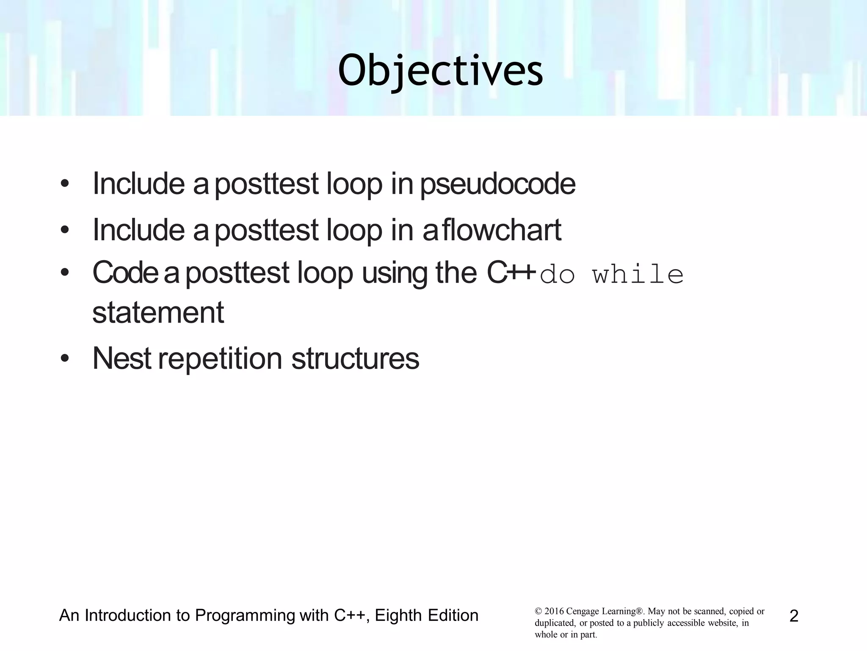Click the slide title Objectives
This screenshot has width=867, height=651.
440,71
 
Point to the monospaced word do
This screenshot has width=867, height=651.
558,275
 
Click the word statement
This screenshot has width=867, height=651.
158,313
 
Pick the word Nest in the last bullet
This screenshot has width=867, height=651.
121,359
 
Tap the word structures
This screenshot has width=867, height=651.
355,359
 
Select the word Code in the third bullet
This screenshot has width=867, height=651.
125,273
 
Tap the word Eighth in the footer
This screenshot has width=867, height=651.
397,615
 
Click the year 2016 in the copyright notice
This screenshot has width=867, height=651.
554,611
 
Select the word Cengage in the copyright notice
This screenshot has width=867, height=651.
582,612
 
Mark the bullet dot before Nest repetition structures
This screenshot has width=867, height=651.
64,359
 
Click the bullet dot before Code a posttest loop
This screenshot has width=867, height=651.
64,273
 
